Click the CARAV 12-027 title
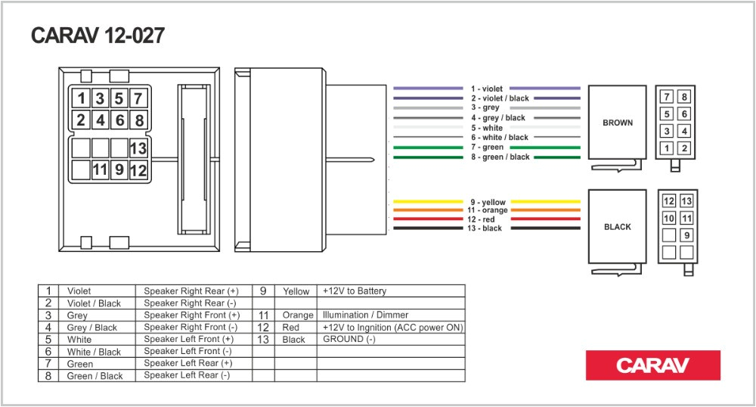tap(98, 36)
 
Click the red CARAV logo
tap(652, 365)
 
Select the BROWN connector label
tap(618, 123)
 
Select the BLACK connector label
tap(617, 226)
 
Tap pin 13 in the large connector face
tap(138, 148)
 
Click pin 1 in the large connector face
tap(80, 98)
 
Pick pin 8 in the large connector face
tap(138, 120)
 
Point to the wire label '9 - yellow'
tap(488, 202)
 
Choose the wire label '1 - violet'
tap(486, 89)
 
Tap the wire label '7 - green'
tap(487, 148)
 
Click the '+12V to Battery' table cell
tap(354, 290)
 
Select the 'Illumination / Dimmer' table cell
tap(365, 315)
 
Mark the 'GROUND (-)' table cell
tap(349, 339)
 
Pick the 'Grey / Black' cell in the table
tap(92, 328)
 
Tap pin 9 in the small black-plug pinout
tap(686, 235)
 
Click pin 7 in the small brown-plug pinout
tap(667, 97)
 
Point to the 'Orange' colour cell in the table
tap(298, 315)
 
